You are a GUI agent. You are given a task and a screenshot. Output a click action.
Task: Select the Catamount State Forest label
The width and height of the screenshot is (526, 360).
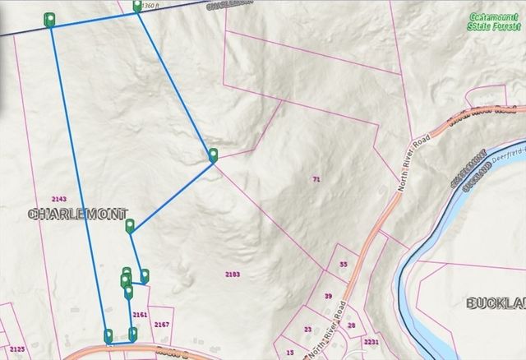tap(495, 22)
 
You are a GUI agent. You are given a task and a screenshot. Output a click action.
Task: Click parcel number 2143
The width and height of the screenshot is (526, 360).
tap(58, 199)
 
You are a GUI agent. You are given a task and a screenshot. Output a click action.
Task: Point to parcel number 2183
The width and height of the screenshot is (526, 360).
tap(233, 274)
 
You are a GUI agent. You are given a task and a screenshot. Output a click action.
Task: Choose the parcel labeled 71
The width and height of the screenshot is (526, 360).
tap(316, 178)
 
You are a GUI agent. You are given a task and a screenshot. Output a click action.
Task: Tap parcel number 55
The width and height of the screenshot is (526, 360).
tap(344, 265)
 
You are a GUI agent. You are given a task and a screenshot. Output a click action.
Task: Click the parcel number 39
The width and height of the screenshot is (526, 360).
tap(327, 296)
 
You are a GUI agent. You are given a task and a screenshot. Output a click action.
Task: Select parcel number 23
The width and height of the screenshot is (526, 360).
tap(307, 330)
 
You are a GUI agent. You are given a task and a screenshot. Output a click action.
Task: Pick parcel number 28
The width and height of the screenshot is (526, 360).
tap(351, 325)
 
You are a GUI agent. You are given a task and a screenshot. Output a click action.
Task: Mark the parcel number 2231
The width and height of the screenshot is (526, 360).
tap(371, 342)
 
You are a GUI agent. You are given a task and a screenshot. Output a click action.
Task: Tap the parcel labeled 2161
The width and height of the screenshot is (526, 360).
tap(139, 314)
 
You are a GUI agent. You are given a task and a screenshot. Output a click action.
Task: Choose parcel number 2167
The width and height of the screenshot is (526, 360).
tap(161, 325)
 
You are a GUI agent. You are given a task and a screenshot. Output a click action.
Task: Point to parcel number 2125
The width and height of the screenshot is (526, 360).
tap(17, 349)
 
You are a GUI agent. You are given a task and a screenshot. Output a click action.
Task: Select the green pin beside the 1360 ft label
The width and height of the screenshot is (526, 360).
tap(137, 7)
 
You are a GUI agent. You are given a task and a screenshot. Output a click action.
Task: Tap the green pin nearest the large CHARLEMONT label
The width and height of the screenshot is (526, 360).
tap(130, 226)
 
